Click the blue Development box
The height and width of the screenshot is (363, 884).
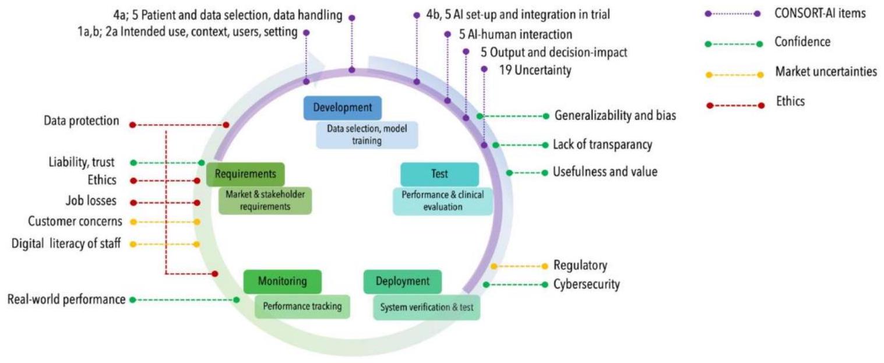coord(342,108)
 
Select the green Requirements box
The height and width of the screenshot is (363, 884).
coord(245,174)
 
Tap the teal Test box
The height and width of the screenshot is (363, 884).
coord(439,174)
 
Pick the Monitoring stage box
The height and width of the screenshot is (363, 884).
coord(282,281)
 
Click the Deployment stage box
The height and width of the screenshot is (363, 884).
coord(402,281)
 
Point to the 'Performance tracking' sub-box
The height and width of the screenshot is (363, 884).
coord(302,306)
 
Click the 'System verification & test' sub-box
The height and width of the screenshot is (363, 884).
coord(427,307)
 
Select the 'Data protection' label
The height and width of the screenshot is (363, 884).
coord(82,121)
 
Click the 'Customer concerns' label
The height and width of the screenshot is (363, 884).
coord(75,221)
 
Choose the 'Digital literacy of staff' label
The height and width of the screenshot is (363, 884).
coord(66,244)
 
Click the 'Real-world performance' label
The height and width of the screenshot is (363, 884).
coord(66,299)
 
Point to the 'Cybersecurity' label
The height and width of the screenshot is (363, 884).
coord(587,284)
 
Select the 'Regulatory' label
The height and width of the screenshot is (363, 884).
coord(581,266)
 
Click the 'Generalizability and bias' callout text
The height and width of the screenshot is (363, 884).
coord(615,115)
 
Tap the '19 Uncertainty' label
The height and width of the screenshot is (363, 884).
coord(535,71)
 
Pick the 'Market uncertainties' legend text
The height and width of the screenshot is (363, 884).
coord(826,72)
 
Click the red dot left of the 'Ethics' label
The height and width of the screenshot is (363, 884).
coord(133,181)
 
